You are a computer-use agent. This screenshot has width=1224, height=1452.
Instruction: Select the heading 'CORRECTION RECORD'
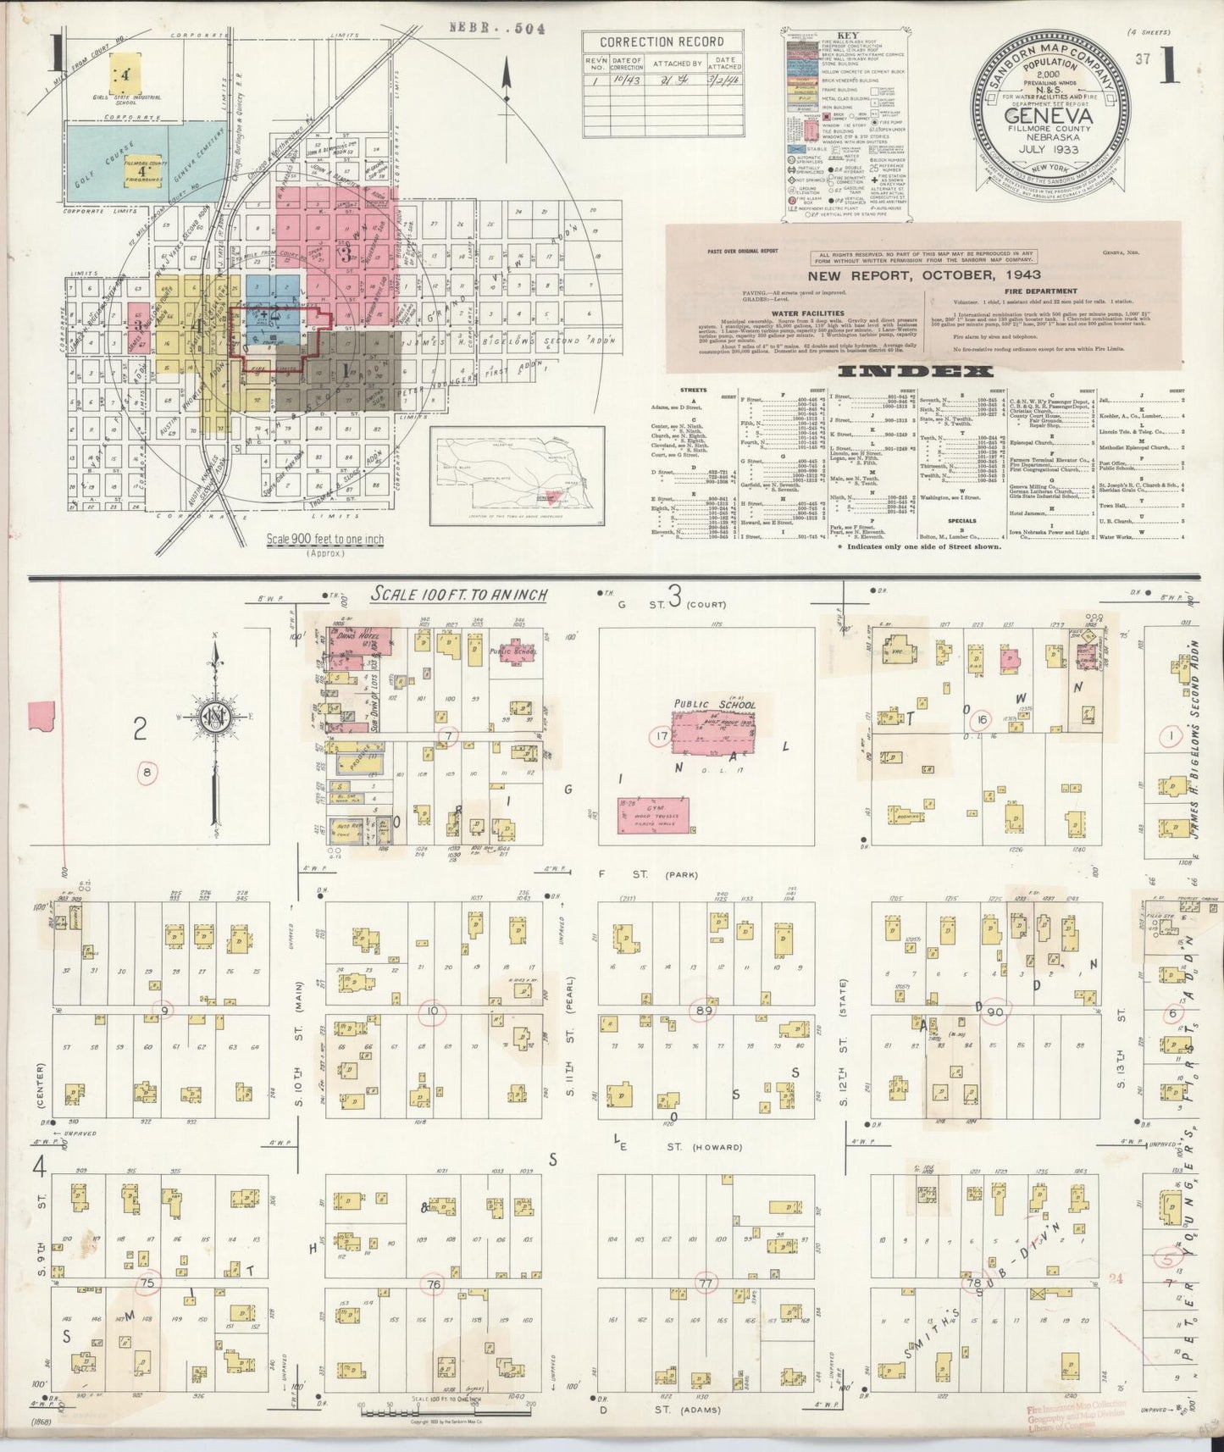point(662,42)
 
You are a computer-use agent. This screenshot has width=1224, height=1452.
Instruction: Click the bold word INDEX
point(916,372)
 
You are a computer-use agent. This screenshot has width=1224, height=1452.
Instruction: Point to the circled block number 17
point(661,737)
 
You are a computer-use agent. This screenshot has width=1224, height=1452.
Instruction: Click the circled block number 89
point(702,1010)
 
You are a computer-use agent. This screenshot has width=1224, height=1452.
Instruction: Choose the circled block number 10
point(434,1011)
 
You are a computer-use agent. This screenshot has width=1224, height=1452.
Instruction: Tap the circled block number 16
point(982,719)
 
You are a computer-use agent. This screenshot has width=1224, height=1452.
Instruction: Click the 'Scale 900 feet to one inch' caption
point(325,539)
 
